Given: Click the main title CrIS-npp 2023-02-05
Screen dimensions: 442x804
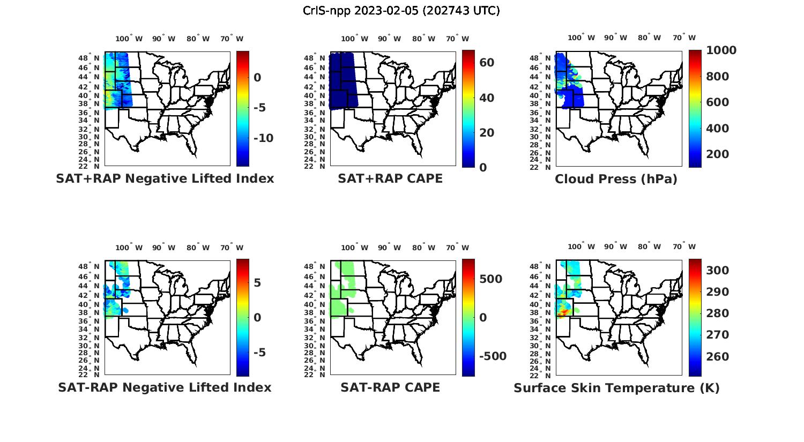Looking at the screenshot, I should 401,11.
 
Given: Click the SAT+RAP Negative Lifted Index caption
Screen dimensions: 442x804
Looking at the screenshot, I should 165,179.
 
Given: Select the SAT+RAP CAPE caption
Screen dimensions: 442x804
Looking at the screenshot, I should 390,179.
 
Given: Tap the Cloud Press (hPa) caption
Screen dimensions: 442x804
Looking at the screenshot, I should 616,179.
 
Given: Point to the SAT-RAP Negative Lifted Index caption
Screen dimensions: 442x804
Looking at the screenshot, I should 165,388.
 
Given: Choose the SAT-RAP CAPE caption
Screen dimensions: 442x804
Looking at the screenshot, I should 390,388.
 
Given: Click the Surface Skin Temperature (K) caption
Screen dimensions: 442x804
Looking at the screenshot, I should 616,388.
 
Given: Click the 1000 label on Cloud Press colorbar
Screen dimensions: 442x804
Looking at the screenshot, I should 721,50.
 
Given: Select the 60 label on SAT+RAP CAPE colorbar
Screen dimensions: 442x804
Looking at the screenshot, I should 487,63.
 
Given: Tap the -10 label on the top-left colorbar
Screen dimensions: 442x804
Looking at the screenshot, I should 263,138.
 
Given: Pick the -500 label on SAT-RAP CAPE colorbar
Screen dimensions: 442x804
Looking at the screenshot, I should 493,357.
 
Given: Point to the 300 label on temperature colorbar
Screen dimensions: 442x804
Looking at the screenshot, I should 718,271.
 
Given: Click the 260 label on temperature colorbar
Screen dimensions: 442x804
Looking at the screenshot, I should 718,357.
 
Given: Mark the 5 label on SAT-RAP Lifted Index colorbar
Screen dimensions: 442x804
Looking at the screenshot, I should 257,283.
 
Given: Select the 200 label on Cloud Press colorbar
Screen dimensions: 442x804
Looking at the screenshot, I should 718,154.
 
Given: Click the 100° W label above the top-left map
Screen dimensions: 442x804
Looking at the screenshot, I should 129,39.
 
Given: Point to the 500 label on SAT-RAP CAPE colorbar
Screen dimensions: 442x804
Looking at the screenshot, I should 491,279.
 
